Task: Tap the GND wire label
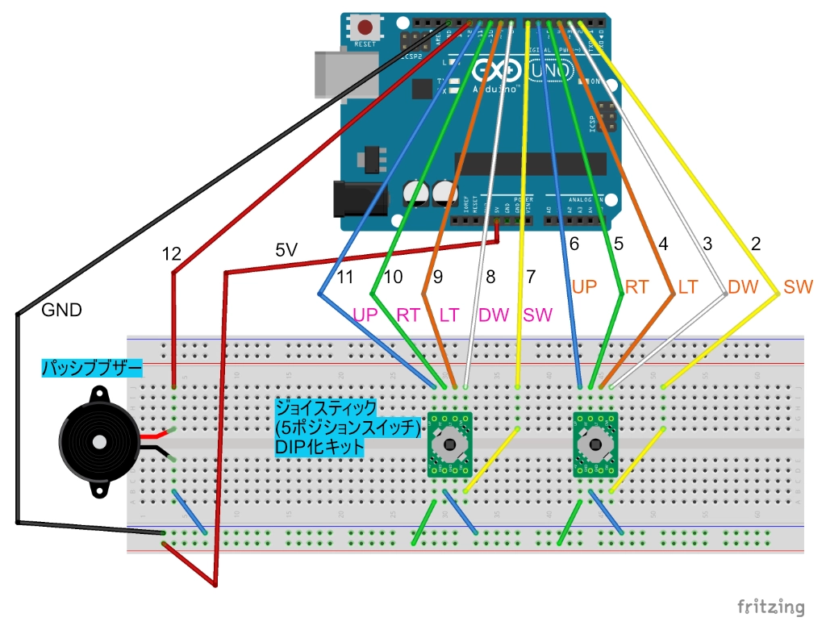coord(61,310)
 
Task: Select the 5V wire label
coord(287,251)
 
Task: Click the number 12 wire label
coord(171,252)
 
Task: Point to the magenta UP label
coord(366,315)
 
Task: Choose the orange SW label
coord(798,286)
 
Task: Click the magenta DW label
coord(494,315)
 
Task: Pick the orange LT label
coord(687,286)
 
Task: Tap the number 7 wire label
coord(530,277)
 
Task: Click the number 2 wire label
coord(755,244)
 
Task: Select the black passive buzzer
coord(95,441)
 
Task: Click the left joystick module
coord(448,445)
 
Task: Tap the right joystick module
coord(595,445)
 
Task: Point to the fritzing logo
coord(771,606)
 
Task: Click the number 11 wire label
coord(346,277)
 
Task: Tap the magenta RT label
coord(408,315)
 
